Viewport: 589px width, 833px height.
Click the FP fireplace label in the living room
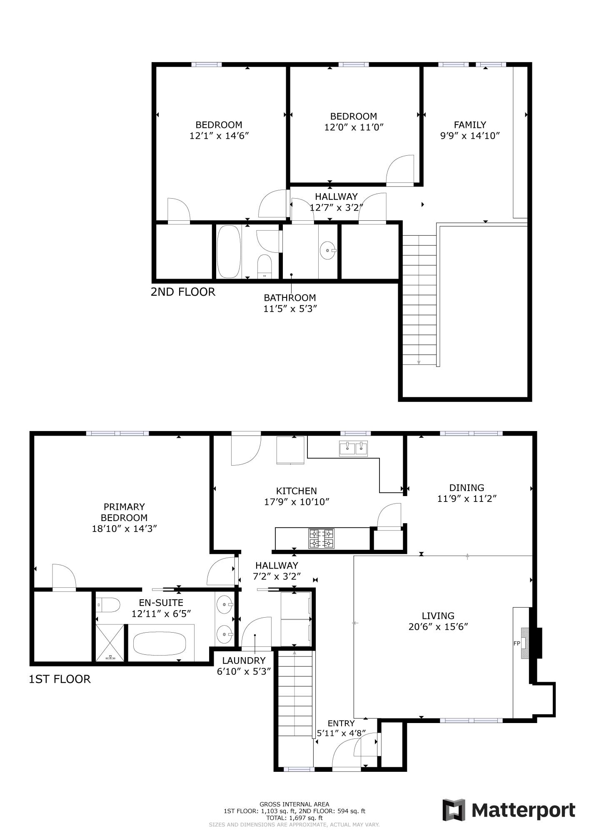(517, 643)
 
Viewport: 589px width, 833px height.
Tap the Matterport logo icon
(454, 810)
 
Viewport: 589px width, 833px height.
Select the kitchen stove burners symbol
(321, 538)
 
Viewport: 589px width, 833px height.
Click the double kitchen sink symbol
(353, 449)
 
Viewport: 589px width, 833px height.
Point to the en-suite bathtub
(160, 643)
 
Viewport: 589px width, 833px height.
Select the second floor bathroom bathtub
(229, 252)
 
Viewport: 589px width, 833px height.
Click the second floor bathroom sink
(327, 251)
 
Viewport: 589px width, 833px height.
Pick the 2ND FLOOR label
(183, 292)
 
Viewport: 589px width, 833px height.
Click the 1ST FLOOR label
(60, 679)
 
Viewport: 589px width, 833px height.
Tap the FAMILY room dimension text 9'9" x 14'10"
(470, 135)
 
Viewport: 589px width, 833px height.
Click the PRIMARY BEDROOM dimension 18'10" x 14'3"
(124, 529)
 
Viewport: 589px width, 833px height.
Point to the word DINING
(467, 488)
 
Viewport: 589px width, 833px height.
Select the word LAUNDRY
(244, 661)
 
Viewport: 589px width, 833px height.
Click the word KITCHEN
(296, 491)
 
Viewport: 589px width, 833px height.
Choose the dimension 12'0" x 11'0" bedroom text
(354, 127)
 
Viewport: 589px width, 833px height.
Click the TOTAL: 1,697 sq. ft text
(294, 818)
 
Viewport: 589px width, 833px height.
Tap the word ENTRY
(341, 723)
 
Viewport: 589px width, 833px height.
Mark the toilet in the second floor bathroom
(265, 266)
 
